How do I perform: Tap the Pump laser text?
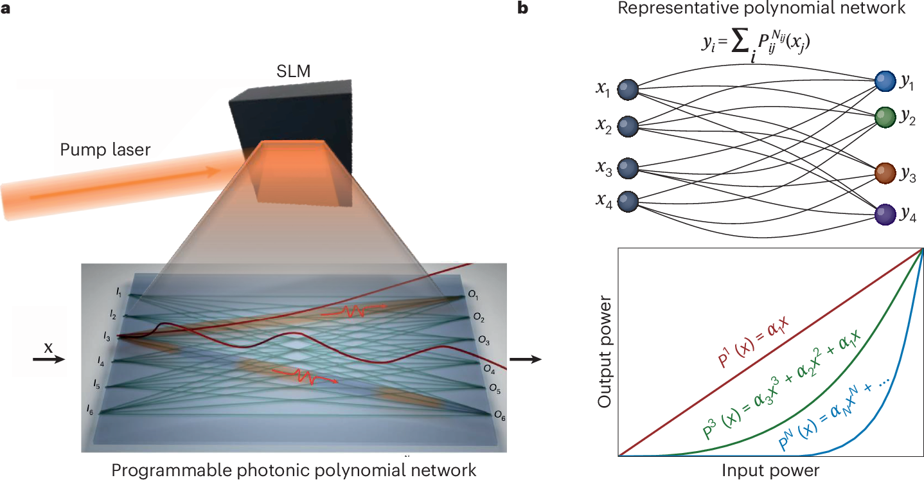coord(105,150)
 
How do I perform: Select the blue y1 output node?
coord(885,81)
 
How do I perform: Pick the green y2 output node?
coord(885,118)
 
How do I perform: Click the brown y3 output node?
coord(885,174)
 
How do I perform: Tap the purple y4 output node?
coord(885,213)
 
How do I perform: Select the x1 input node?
coord(627,90)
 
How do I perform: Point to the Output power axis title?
coord(604,352)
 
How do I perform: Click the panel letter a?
coord(6,10)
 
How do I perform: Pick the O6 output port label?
coord(499,417)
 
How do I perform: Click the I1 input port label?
coord(119,293)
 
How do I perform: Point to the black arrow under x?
coord(48,360)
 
